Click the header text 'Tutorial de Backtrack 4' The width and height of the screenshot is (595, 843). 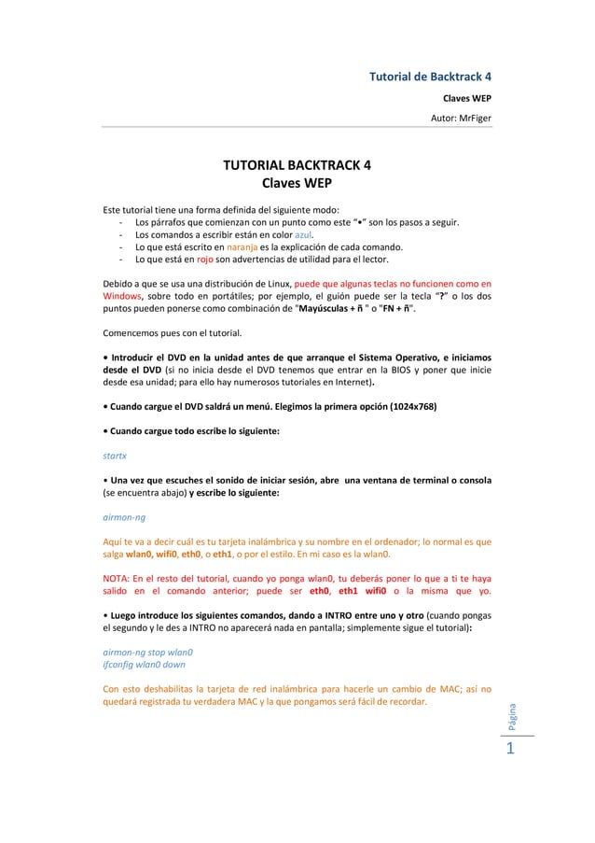[x=433, y=76]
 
